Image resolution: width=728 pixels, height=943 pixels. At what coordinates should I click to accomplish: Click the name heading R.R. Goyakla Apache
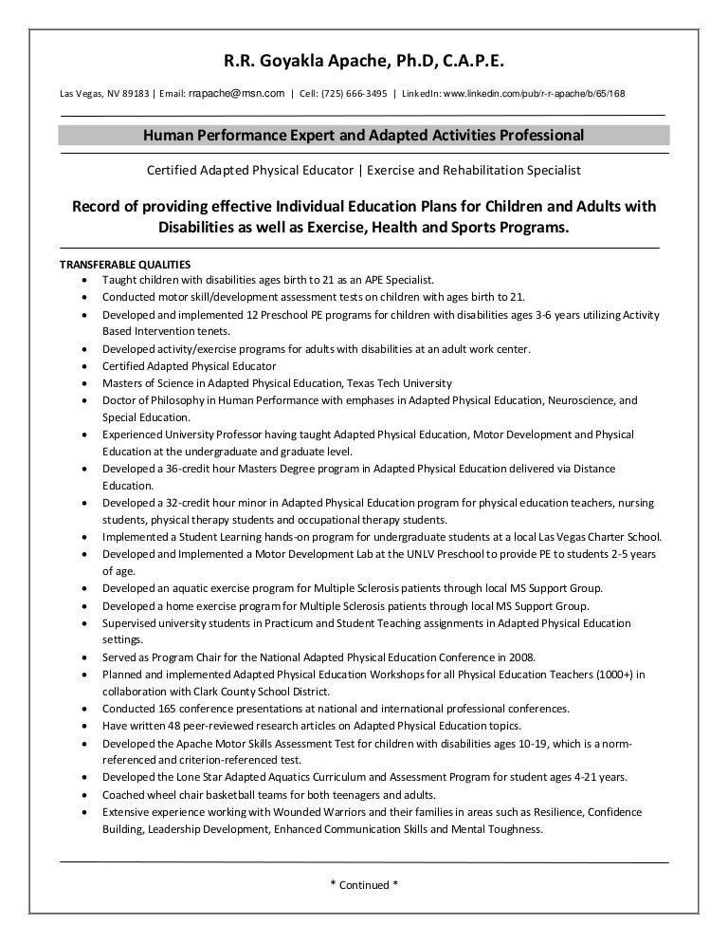(x=364, y=63)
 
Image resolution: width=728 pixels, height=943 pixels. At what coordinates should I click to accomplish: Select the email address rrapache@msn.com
(x=237, y=93)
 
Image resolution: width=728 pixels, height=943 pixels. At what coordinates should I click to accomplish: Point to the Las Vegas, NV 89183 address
(x=101, y=94)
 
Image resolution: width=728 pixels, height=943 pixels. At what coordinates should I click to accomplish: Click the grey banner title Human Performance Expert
(x=363, y=135)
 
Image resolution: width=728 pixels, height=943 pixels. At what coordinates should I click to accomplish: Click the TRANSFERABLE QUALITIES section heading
(x=125, y=265)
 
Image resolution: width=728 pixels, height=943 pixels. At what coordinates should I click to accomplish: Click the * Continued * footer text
(x=363, y=885)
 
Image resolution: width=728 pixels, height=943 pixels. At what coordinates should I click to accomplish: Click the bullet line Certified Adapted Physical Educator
(x=190, y=366)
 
